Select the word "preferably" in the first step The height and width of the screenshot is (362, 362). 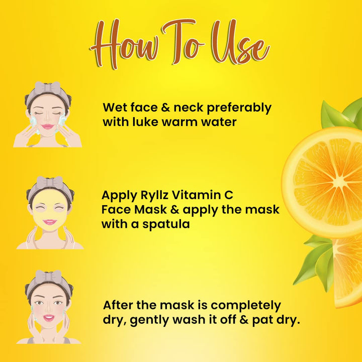pos(239,108)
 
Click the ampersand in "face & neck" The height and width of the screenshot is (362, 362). pos(165,108)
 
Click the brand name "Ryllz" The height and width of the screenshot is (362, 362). pos(154,196)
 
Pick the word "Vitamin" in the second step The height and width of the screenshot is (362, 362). pos(195,195)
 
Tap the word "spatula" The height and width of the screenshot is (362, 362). pos(166,224)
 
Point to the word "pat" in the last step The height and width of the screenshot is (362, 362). pos(262,320)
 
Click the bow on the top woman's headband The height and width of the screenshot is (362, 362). pos(48,87)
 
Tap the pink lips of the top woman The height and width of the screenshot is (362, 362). pos(48,127)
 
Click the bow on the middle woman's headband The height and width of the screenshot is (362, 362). pos(50,183)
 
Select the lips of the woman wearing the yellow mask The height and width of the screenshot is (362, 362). pos(49,222)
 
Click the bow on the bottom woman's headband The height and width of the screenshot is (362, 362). pos(48,277)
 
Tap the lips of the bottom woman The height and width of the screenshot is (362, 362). pos(49,318)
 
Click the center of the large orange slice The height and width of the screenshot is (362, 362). pos(336,183)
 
